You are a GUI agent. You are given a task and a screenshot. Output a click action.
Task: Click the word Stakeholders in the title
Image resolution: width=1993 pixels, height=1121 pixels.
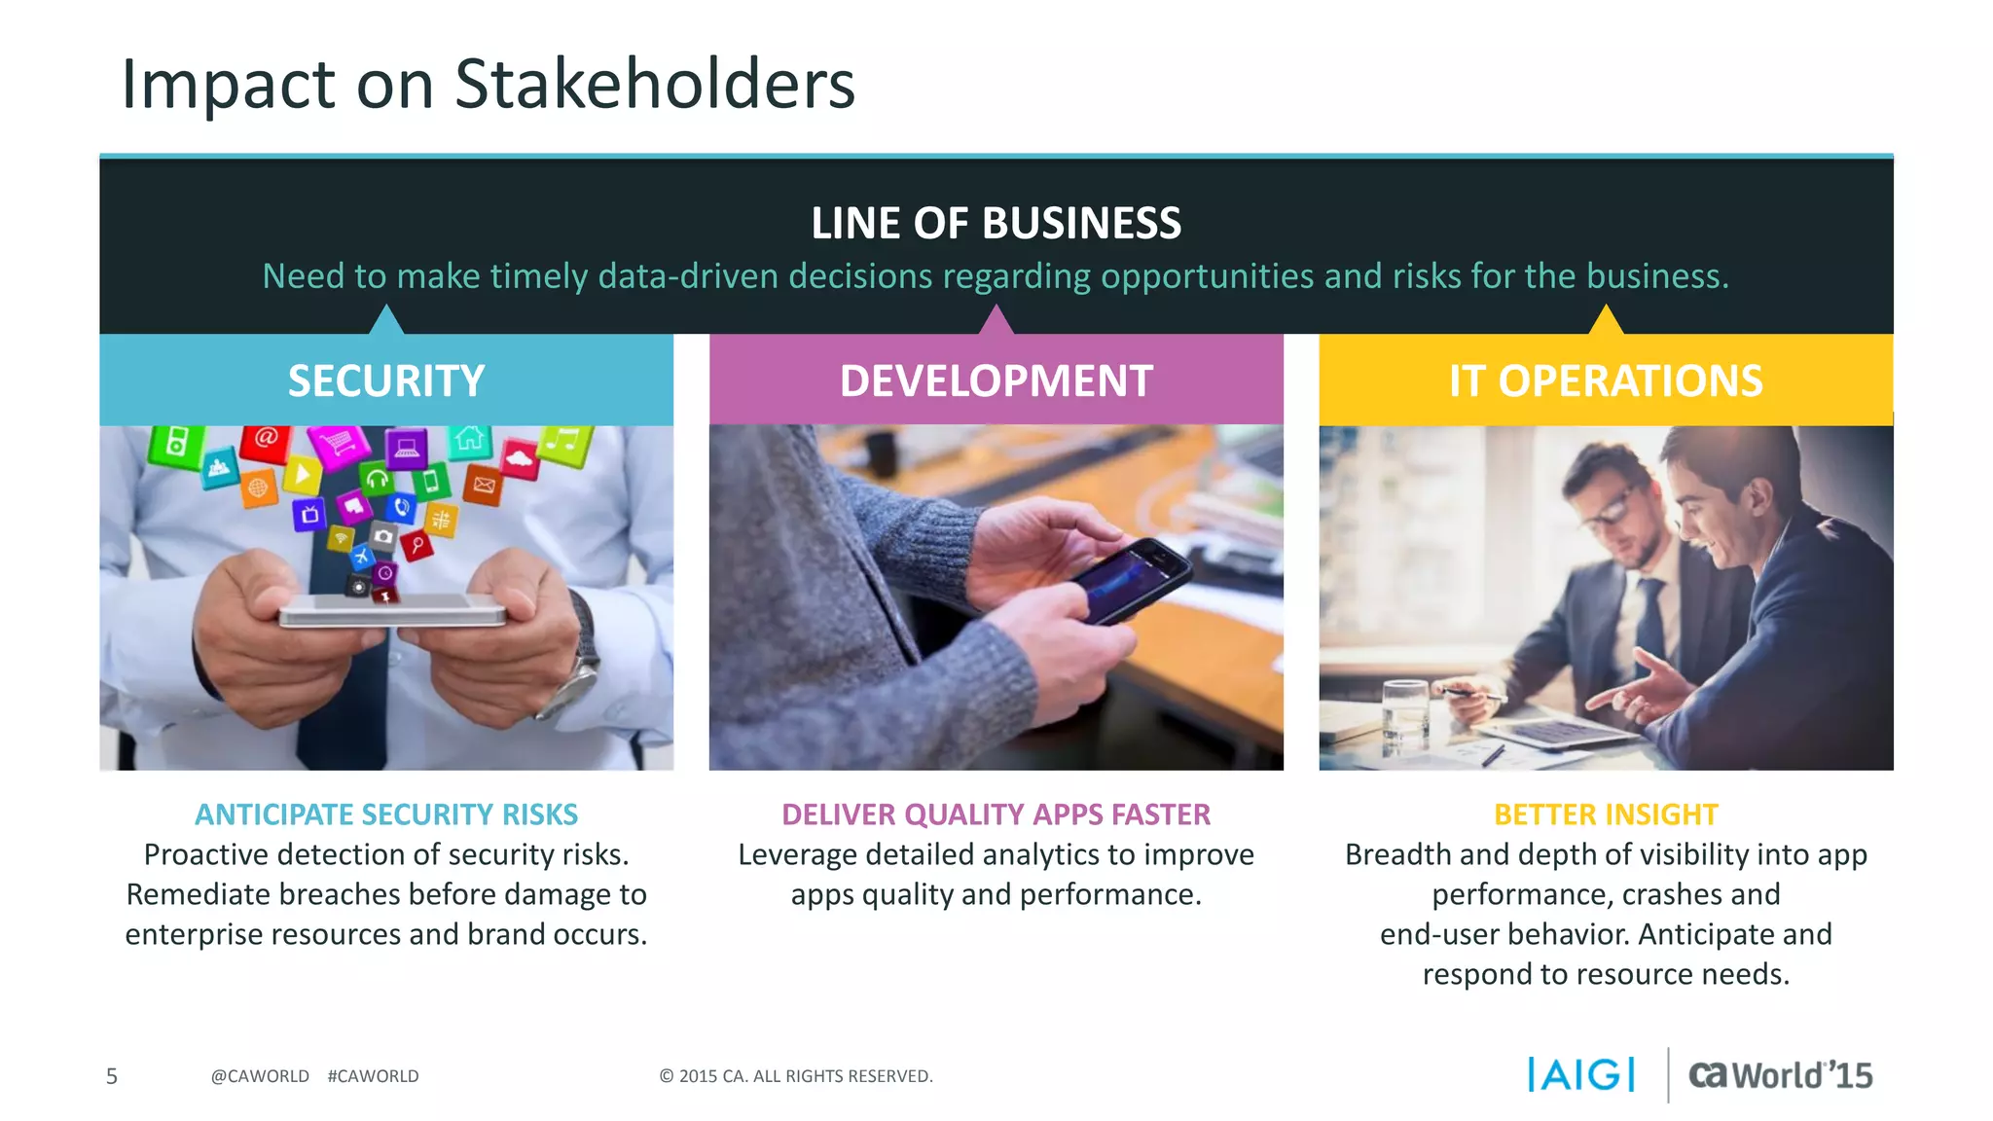654,84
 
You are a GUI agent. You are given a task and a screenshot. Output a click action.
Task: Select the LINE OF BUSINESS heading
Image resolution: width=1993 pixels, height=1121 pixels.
996,223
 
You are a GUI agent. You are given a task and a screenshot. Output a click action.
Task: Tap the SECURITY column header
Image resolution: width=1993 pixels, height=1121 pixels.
386,380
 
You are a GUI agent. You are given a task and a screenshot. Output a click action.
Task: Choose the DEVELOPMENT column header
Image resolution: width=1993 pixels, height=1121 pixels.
996,380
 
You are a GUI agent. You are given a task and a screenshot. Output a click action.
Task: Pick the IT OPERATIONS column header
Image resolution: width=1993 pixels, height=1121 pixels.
1605,380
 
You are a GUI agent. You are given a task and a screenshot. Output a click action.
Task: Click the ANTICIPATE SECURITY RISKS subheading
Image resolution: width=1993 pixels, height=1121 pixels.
386,814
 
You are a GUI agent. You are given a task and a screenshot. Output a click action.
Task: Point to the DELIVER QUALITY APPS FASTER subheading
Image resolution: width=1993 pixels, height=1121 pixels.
996,814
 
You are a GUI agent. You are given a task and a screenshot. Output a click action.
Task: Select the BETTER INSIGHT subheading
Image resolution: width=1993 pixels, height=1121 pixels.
1606,814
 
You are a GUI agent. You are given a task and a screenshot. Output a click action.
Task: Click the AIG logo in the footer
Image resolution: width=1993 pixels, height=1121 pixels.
1581,1074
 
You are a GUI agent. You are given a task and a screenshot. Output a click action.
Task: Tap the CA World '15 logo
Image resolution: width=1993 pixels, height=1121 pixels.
1780,1074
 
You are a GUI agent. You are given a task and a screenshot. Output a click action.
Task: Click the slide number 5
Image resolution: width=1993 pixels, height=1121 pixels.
112,1076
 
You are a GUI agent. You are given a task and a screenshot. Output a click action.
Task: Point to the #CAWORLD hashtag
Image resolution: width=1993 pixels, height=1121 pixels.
373,1076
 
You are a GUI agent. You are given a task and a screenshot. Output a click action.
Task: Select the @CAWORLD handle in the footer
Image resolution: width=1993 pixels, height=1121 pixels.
260,1076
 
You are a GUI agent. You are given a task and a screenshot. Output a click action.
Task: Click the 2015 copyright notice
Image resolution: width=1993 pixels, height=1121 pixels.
796,1076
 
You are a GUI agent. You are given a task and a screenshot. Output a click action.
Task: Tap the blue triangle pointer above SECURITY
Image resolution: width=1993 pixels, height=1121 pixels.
387,320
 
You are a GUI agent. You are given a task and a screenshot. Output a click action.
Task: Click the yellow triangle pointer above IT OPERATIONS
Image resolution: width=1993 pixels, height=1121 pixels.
1606,320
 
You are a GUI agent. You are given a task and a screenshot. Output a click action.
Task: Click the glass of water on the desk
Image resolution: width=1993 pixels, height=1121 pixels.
1404,715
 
